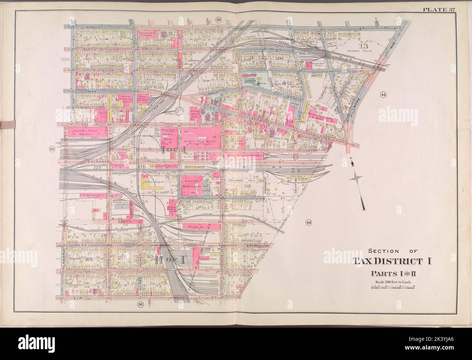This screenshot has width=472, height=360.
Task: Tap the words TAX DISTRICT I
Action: [391, 261]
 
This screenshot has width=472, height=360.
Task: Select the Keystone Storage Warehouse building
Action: [86, 131]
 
